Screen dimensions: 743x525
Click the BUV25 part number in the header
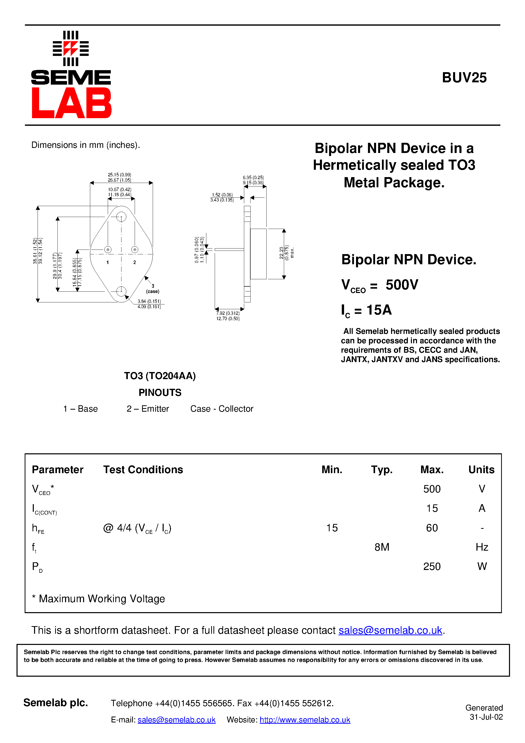pyautogui.click(x=464, y=78)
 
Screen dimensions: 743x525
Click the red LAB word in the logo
pyautogui.click(x=71, y=103)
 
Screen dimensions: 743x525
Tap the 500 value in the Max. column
pyautogui.click(x=432, y=489)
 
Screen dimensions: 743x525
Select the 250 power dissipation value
pyautogui.click(x=432, y=566)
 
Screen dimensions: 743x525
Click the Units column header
pyautogui.click(x=481, y=470)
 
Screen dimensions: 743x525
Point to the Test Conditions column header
pyautogui.click(x=143, y=470)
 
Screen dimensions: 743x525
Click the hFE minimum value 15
pyautogui.click(x=332, y=528)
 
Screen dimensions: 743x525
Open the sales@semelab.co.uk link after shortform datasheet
pyautogui.click(x=390, y=630)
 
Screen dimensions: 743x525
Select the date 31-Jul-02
pyautogui.click(x=486, y=717)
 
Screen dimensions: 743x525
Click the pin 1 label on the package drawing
pyautogui.click(x=108, y=262)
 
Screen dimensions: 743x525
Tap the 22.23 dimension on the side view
pyautogui.click(x=282, y=253)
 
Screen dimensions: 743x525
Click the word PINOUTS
pyautogui.click(x=160, y=393)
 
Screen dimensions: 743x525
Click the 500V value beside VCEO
pyautogui.click(x=402, y=285)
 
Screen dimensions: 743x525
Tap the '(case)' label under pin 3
pyautogui.click(x=152, y=291)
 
